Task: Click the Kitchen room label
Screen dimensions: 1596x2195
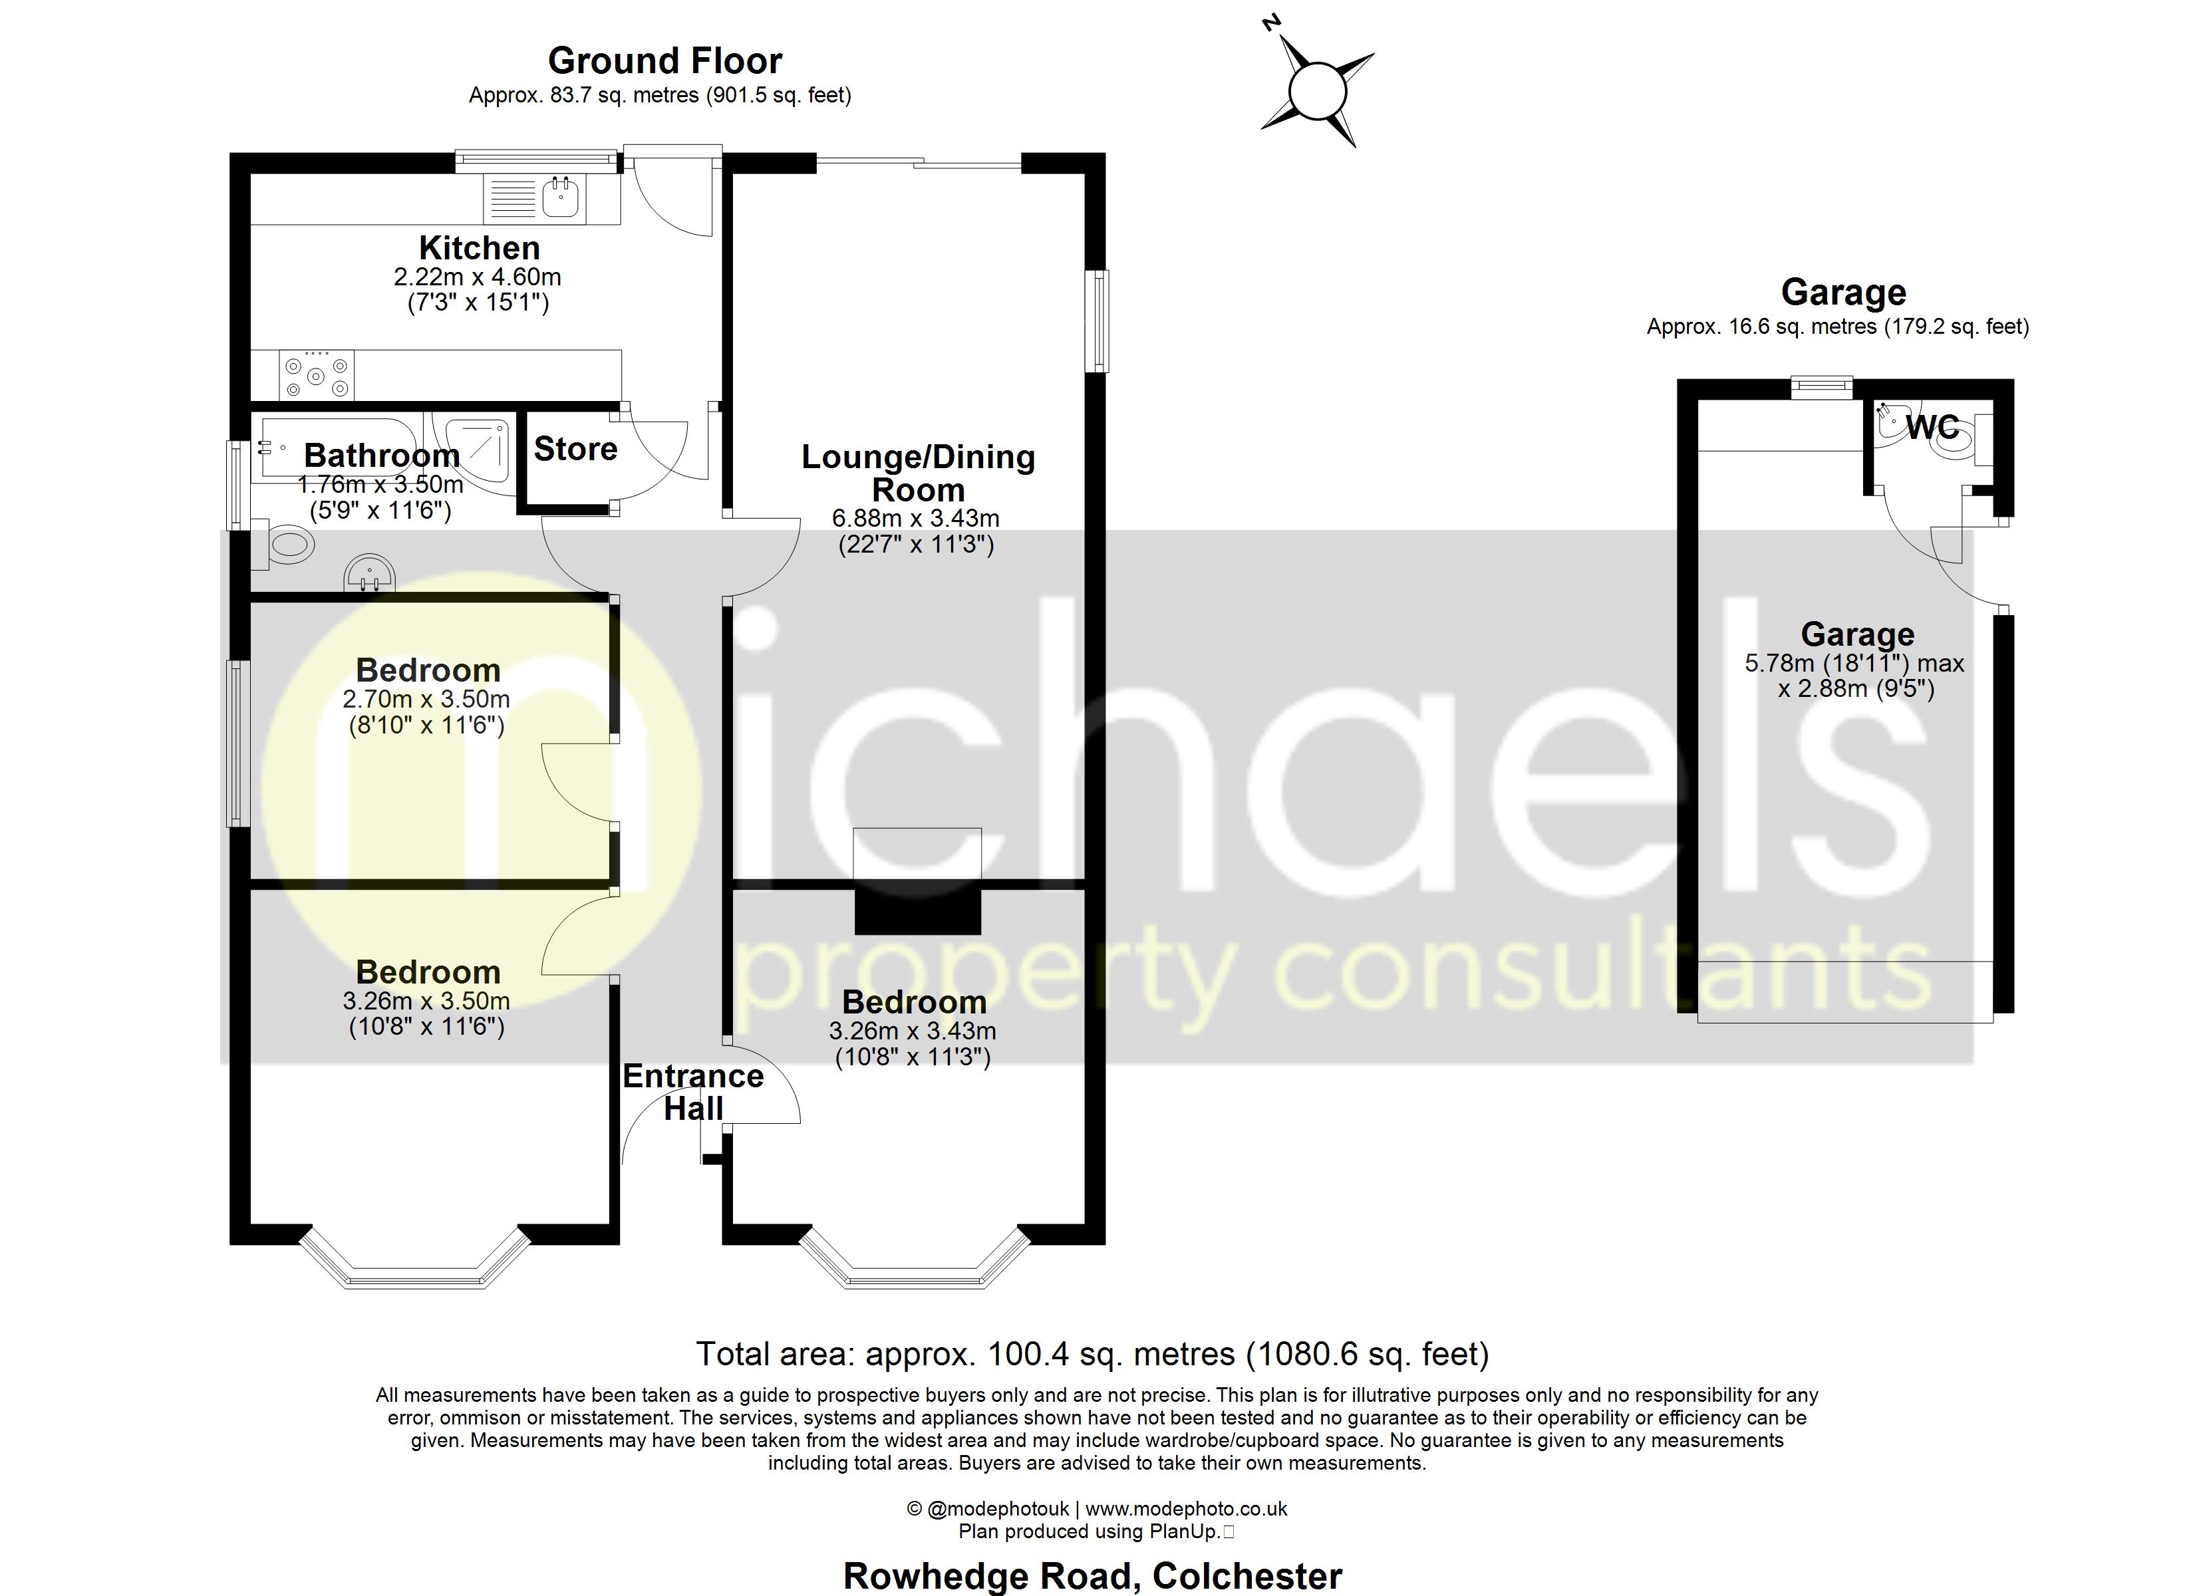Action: (479, 248)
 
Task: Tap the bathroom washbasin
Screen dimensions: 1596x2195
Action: (368, 574)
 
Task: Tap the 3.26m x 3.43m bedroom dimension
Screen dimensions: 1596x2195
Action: (912, 1031)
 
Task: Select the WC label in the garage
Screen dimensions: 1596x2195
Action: (1932, 427)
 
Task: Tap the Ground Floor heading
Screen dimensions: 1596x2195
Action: (665, 61)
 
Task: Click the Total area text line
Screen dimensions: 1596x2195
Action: (1092, 1353)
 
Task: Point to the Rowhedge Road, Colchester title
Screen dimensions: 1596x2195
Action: (1092, 1575)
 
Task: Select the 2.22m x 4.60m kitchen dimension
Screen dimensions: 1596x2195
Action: (477, 277)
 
